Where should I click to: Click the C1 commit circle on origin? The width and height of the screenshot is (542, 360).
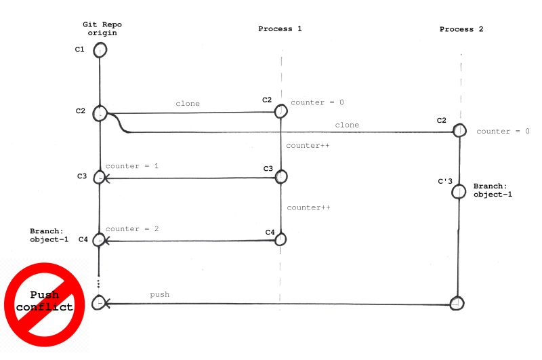tap(100, 50)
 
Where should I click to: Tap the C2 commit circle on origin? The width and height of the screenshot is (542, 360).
tap(100, 113)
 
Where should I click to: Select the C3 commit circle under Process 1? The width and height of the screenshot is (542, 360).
tap(281, 176)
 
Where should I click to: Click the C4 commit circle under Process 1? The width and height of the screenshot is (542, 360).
tap(281, 239)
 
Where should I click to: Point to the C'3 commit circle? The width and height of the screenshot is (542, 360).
tap(459, 191)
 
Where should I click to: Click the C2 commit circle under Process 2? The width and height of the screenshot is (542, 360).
tap(459, 129)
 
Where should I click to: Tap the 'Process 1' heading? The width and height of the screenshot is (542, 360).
tap(280, 29)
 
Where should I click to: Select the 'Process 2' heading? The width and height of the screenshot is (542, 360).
tap(461, 29)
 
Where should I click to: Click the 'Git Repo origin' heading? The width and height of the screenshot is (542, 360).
tap(102, 28)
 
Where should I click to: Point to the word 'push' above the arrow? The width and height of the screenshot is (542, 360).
tap(159, 294)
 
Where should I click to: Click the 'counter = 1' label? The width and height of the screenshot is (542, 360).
tap(132, 165)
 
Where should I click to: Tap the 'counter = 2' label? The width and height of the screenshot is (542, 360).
tap(132, 228)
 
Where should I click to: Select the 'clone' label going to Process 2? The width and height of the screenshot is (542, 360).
tap(347, 125)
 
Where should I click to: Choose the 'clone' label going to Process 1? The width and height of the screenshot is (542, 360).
tap(188, 104)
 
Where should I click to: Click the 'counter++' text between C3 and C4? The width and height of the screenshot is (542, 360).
tap(308, 207)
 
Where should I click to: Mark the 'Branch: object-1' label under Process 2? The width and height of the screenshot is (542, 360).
tap(493, 190)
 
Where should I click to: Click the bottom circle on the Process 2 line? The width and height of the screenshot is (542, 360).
tap(457, 303)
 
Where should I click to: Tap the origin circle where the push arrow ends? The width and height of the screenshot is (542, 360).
tap(100, 304)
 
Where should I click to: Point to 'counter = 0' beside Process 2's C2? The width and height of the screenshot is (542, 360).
tap(503, 131)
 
